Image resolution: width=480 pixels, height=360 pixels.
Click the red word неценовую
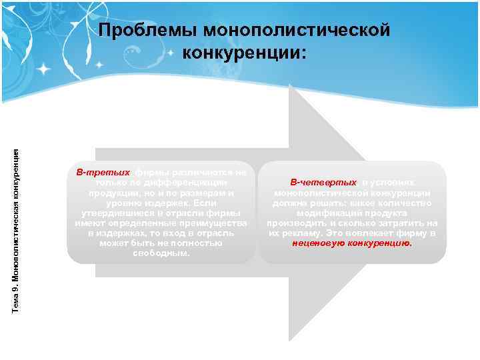[x=319, y=243]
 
